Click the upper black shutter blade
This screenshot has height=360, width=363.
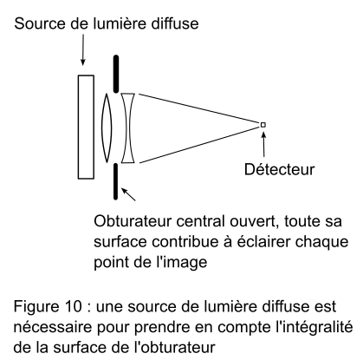coord(116,74)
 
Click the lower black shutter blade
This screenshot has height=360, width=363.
coord(116,181)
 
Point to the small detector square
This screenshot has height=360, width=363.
coord(263,125)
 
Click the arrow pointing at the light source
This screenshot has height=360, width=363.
coord(83,49)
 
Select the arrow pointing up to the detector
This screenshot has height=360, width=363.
coord(263,144)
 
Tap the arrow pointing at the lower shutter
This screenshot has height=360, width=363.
coord(128,194)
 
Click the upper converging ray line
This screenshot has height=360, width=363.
coord(199,108)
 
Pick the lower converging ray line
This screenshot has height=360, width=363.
coord(199,145)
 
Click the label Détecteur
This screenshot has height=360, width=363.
coord(279,169)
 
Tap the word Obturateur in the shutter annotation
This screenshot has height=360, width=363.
coord(133,221)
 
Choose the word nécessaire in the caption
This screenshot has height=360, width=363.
coord(53,327)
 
